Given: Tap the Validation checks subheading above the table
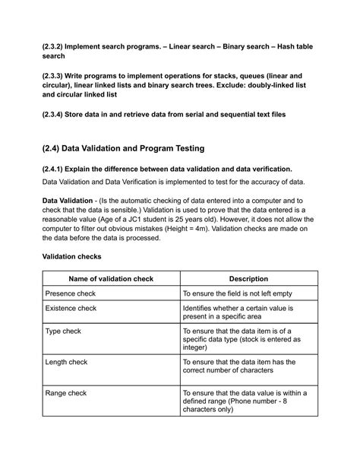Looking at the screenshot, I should click(71, 257).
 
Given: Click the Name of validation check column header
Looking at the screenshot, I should click(111, 279).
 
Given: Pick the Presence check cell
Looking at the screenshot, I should click(71, 293).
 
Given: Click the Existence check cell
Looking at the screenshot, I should click(71, 308).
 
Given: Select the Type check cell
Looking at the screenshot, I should click(64, 331).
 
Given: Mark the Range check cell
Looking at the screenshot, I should click(66, 393).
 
